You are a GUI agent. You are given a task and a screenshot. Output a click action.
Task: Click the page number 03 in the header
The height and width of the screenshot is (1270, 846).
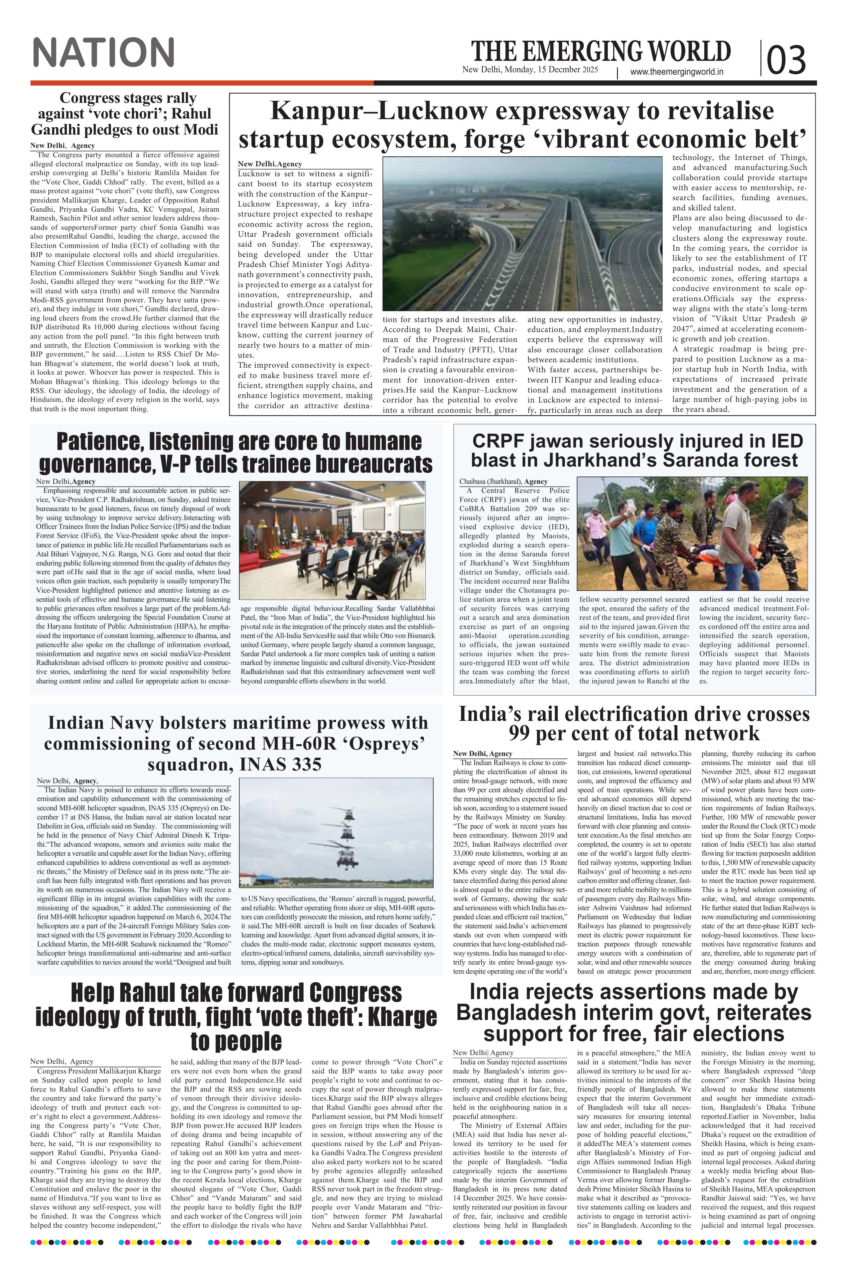point(786,59)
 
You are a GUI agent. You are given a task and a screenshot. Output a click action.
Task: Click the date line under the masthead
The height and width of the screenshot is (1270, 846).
point(530,70)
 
